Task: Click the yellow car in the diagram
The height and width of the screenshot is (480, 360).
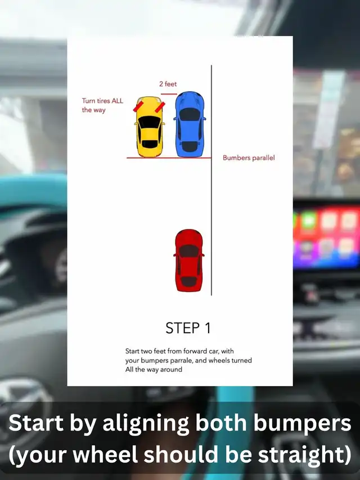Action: [x=149, y=127]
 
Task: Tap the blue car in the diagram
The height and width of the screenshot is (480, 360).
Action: [x=190, y=124]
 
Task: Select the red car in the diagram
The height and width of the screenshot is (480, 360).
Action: [x=189, y=260]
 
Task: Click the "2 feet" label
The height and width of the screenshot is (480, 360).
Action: [x=168, y=84]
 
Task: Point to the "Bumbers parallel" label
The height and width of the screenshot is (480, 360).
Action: [x=249, y=158]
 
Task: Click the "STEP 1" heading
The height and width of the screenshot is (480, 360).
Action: [x=188, y=328]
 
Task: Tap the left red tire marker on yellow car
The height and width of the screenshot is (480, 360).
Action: [x=138, y=106]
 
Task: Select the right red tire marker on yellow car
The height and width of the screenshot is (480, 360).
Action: [x=160, y=107]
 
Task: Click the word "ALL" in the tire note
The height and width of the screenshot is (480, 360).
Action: [x=117, y=101]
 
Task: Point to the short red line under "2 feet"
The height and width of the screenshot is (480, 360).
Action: [x=169, y=94]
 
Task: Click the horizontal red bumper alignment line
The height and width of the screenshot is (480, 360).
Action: [x=169, y=158]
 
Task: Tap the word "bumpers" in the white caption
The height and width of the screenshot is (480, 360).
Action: [x=302, y=424]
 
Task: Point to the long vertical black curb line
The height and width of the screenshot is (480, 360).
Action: [x=211, y=180]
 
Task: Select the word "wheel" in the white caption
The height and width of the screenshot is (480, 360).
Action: [x=105, y=454]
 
